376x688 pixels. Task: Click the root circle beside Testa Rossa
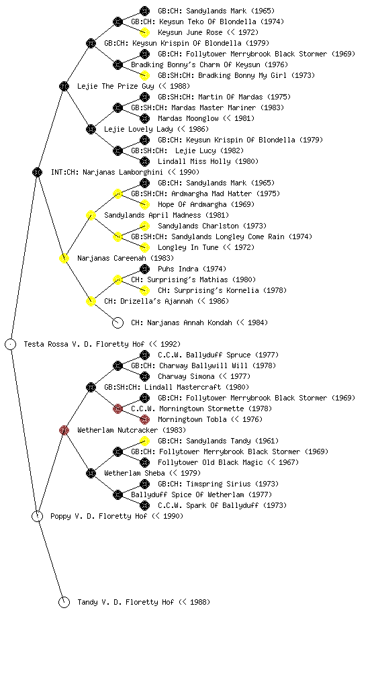point(11,344)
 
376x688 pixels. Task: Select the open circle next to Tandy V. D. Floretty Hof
point(64,602)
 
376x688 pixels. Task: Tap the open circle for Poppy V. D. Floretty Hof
point(37,516)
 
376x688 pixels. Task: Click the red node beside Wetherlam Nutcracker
point(64,430)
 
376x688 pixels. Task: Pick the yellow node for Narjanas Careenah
point(64,258)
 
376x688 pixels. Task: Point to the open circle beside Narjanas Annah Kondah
point(117,322)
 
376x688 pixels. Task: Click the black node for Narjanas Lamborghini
point(37,172)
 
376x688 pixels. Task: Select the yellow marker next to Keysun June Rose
point(144,32)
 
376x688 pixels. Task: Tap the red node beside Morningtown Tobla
point(144,419)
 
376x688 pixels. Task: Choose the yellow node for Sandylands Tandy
point(144,441)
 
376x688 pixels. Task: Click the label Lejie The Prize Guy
point(115,86)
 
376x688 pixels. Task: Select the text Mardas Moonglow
point(188,118)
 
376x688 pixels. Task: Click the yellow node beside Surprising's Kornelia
point(144,290)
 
